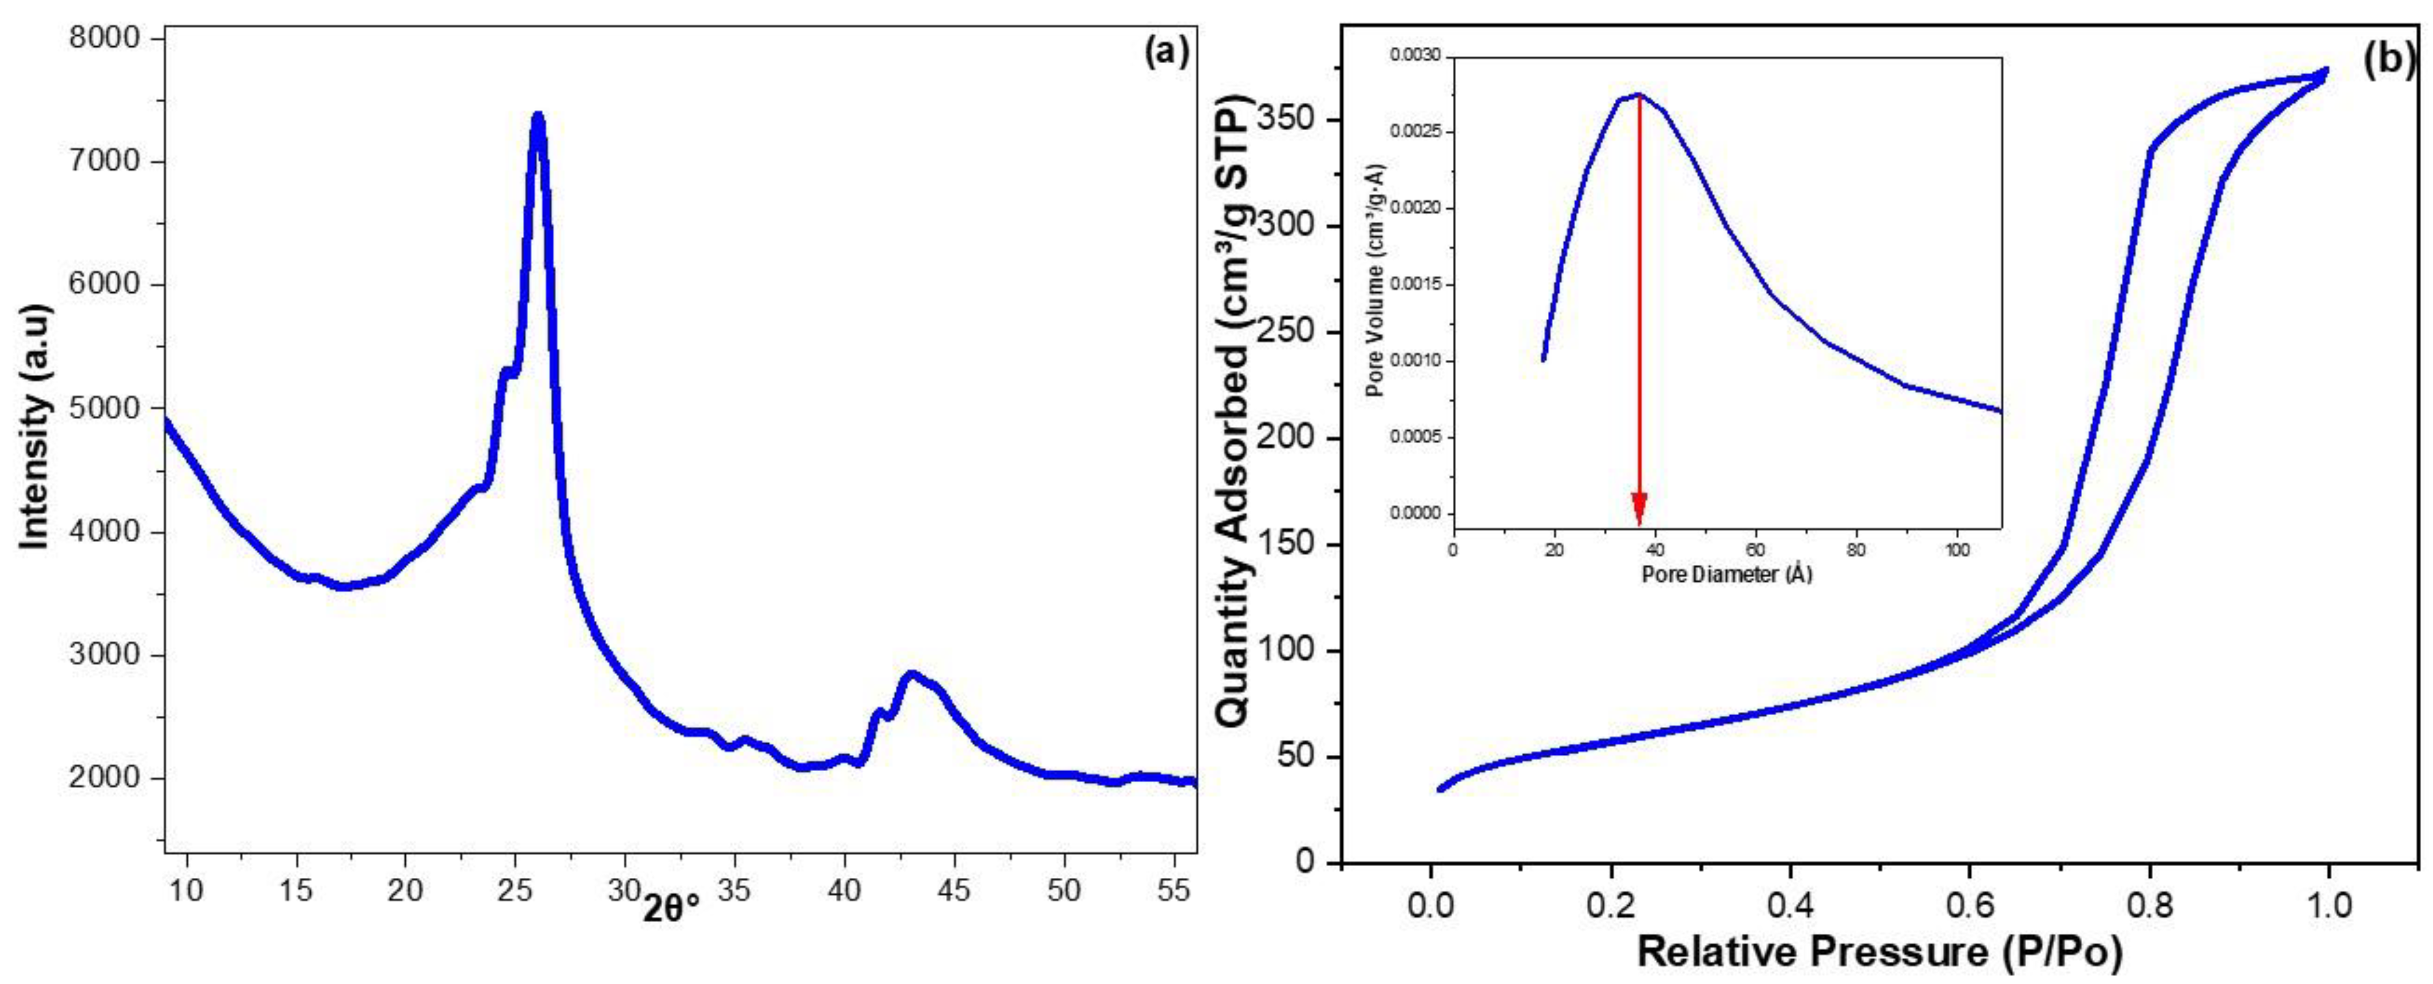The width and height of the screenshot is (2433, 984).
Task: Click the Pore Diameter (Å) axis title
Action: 1727,573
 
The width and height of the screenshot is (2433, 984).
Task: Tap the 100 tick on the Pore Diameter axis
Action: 1957,548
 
